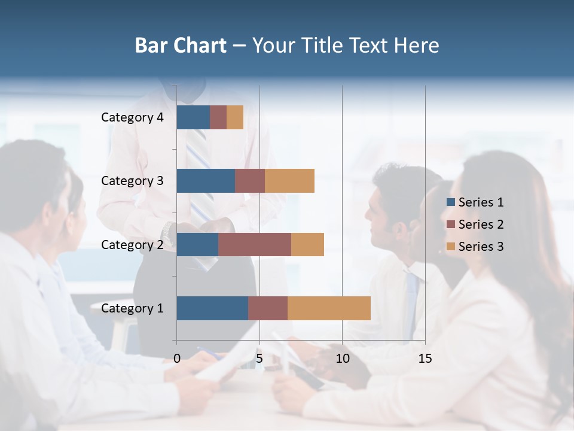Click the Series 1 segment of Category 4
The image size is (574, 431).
point(193,117)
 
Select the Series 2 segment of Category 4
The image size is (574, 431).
point(218,117)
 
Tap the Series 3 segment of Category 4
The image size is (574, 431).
point(235,117)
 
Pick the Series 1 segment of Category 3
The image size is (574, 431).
point(206,181)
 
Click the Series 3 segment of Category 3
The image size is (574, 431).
point(289,181)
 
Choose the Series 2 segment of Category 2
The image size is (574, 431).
point(255,244)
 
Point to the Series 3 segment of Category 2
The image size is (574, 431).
point(307,244)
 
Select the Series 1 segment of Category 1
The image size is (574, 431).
point(212,308)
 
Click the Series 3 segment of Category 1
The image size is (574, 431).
point(329,308)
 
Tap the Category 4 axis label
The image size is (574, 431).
point(132,117)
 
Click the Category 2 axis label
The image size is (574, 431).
point(132,245)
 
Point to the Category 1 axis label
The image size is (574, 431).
point(132,309)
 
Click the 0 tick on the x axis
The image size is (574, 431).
point(177,359)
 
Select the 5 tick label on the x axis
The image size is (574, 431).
point(259,359)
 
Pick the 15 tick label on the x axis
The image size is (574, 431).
point(425,359)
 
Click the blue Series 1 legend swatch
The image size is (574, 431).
point(451,202)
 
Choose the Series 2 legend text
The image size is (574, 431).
point(481,224)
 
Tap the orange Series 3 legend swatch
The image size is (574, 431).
point(451,247)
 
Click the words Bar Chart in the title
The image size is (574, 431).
point(181,45)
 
